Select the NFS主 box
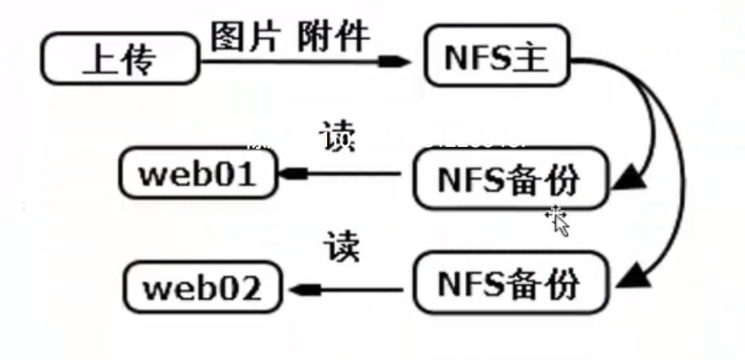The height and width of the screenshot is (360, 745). coord(497,56)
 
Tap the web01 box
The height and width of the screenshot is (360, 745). coord(198,174)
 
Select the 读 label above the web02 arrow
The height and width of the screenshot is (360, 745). coord(342,245)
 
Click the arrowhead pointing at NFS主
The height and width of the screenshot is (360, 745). coord(394,61)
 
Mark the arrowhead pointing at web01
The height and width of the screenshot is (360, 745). coord(293,174)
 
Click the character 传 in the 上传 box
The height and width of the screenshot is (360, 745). coord(139,60)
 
